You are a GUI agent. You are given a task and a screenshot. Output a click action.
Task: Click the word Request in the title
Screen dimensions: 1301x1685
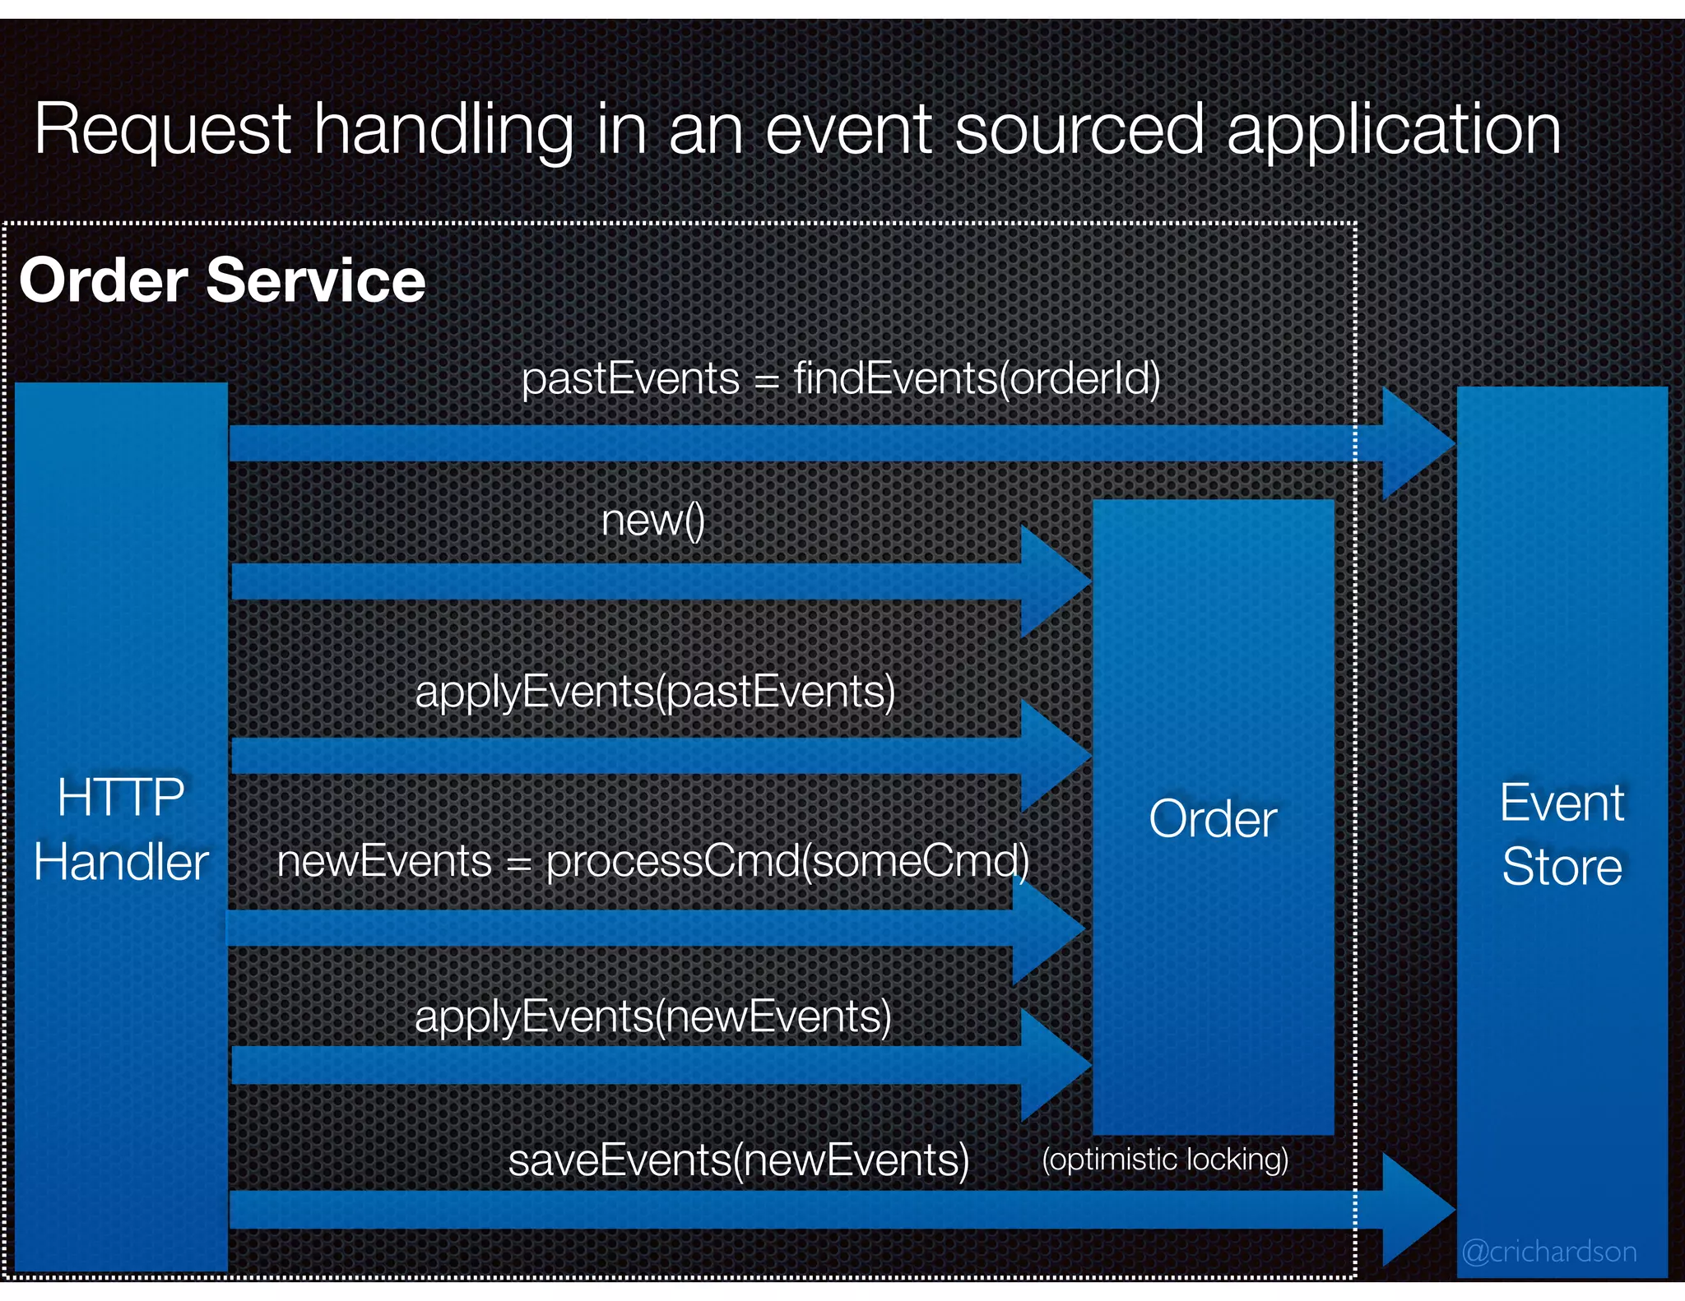click(162, 130)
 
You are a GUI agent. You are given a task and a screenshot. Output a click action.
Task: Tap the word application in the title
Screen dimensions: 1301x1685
click(1393, 130)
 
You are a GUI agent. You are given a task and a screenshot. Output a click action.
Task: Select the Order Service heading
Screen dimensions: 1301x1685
click(222, 280)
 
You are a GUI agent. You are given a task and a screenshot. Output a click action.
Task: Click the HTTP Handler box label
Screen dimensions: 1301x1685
click(121, 830)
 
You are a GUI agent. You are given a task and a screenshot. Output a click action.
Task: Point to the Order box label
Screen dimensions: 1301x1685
click(1213, 819)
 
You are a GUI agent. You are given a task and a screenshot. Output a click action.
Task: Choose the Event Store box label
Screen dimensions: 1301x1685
click(1562, 834)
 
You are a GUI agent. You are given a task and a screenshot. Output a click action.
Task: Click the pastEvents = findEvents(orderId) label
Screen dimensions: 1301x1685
click(841, 379)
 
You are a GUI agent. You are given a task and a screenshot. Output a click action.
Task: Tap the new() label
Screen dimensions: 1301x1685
click(653, 521)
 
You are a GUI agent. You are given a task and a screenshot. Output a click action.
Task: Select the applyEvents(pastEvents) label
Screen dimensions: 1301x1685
click(655, 691)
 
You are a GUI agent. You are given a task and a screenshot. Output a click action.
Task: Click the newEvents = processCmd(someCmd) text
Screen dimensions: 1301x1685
click(653, 861)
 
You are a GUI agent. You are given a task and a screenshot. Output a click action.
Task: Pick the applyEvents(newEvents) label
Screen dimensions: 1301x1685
click(653, 1016)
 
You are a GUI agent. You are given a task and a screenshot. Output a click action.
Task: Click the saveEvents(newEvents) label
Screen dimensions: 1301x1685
click(739, 1160)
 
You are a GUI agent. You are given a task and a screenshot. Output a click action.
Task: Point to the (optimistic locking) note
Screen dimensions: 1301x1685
click(1165, 1160)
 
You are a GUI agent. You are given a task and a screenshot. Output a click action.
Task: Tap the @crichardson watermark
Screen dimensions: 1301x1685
click(1548, 1252)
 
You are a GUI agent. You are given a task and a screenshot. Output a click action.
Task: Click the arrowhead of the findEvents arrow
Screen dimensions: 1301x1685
click(1414, 443)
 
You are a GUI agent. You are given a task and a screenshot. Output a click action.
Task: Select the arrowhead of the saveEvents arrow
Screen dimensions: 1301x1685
click(1414, 1210)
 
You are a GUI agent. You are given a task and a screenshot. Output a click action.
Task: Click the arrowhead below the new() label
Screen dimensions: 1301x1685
click(1051, 581)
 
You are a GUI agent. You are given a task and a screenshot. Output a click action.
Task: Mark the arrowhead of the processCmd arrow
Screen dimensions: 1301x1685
click(1044, 928)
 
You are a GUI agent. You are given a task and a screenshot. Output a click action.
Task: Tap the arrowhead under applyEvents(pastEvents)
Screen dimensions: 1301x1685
click(1051, 754)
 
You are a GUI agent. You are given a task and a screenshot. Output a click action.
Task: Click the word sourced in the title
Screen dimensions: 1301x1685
click(1079, 130)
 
